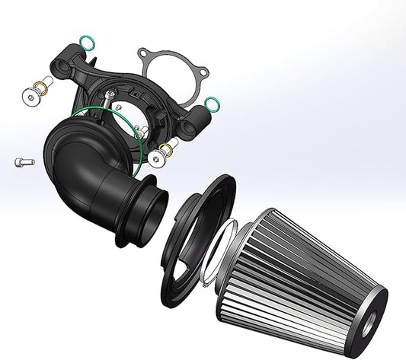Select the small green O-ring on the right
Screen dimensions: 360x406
click(213, 104)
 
